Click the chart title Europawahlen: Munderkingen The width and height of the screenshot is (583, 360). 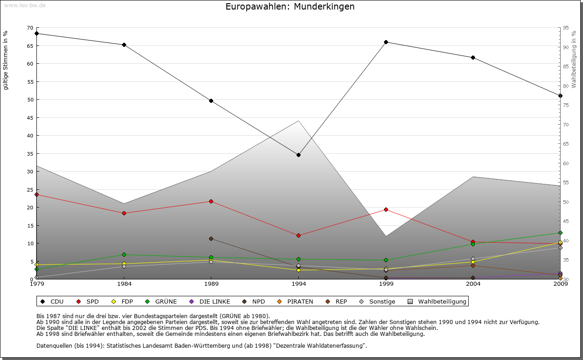pos(290,7)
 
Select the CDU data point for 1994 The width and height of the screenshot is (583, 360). pos(298,155)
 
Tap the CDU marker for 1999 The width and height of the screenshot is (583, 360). pos(386,42)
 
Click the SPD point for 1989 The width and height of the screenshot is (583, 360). pos(211,201)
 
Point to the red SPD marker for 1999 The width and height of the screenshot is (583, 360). pos(386,209)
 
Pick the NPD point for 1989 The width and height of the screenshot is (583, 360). pos(211,238)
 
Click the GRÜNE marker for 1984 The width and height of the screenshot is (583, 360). pos(124,254)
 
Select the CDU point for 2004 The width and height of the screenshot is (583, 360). pos(473,57)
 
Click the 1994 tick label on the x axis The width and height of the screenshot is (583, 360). pos(298,284)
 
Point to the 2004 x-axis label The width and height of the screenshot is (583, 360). pos(473,284)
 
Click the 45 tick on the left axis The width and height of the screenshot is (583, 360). pos(30,117)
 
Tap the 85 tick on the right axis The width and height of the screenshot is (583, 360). pos(566,66)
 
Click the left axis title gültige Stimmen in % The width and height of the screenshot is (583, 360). pos(6,60)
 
